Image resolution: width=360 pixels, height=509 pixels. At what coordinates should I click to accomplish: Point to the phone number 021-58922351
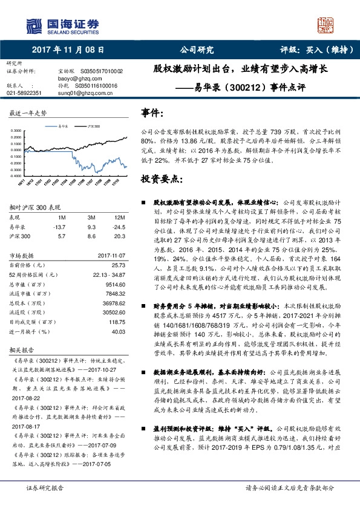tap(24, 92)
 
